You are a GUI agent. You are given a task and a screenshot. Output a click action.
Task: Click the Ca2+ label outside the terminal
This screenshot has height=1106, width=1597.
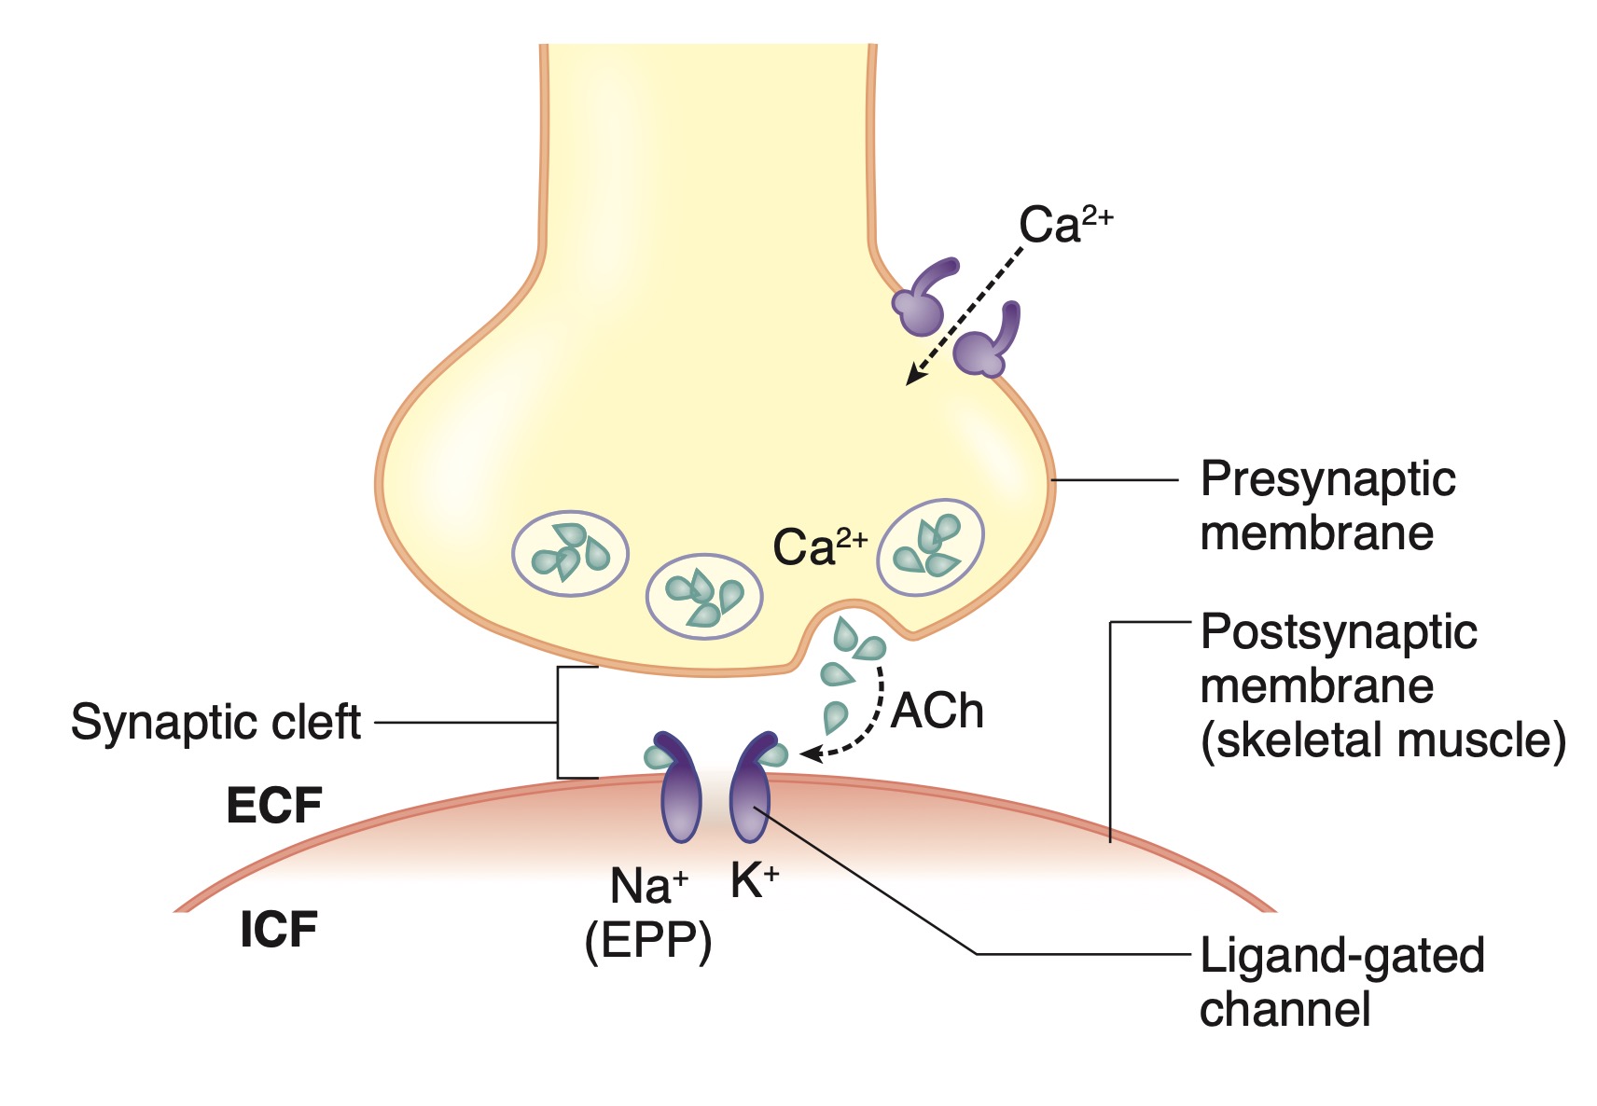coord(1064,224)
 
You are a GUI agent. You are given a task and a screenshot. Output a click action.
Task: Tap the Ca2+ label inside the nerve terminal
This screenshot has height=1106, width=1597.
coord(819,546)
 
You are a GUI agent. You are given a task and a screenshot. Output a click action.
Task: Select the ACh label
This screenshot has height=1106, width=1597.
coord(937,712)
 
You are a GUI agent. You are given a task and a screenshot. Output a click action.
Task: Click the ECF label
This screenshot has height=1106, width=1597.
coord(274,806)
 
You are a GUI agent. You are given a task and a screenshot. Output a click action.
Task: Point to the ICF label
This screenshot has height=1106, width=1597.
coord(279,930)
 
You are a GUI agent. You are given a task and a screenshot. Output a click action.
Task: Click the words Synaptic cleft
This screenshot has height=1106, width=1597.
coord(215,722)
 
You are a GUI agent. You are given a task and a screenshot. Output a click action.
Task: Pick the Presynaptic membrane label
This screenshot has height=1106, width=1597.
coord(1326,505)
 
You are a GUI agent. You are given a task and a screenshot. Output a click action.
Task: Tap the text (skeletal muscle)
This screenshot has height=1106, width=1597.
coord(1382,740)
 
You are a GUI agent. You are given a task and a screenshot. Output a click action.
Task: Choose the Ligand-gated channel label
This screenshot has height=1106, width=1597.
coord(1340,982)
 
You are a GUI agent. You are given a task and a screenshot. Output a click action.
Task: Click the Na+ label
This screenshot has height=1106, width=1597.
coord(648,886)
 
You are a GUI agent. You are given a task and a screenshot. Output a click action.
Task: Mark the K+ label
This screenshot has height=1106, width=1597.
coord(754,880)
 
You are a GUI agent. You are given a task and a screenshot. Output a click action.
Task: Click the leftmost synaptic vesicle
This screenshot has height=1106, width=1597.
coord(570,553)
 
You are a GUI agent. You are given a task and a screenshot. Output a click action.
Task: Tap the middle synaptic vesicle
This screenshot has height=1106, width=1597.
coord(704,597)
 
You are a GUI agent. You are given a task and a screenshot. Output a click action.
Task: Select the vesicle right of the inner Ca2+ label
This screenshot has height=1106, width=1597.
coord(931,547)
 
